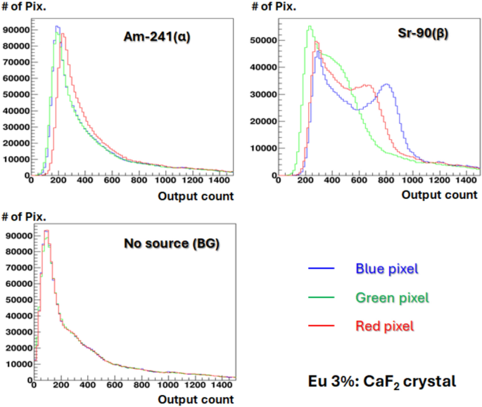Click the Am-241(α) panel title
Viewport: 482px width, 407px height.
pyautogui.click(x=158, y=37)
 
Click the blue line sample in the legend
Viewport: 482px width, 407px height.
pyautogui.click(x=320, y=269)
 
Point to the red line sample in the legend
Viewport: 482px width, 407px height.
pyautogui.click(x=320, y=328)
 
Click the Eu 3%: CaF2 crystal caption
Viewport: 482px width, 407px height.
pyautogui.click(x=382, y=382)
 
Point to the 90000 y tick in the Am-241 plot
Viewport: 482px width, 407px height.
pyautogui.click(x=15, y=30)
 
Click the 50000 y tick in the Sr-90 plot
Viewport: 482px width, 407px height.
pyautogui.click(x=262, y=41)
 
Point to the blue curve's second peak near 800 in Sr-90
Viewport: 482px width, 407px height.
pyautogui.click(x=386, y=84)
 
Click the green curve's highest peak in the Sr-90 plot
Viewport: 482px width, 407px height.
pyautogui.click(x=310, y=27)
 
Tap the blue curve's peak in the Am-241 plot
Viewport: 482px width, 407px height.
pyautogui.click(x=57, y=27)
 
